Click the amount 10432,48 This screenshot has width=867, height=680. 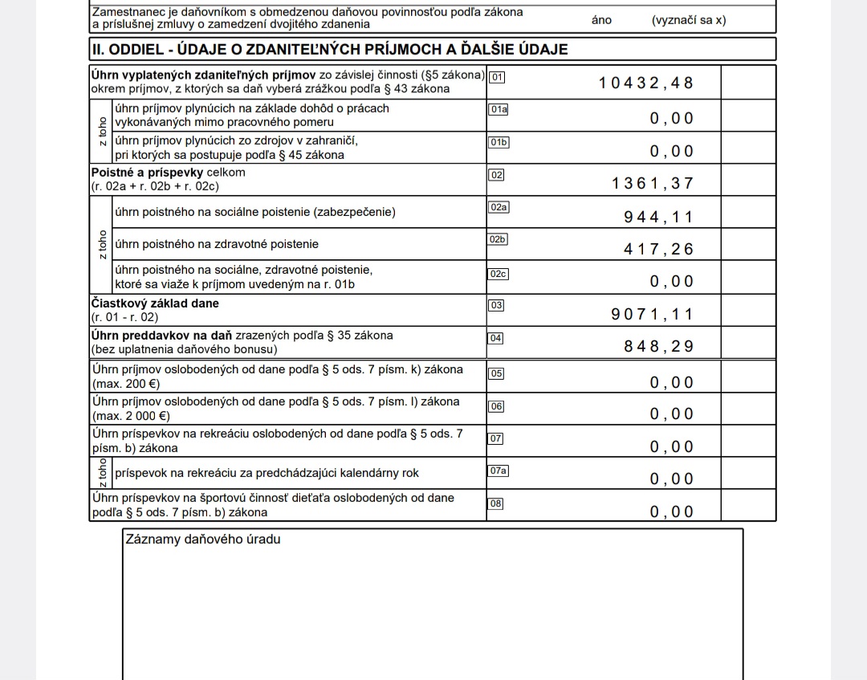[x=645, y=83]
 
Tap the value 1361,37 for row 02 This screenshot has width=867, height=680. [x=652, y=183]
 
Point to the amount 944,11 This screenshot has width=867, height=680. [x=658, y=217]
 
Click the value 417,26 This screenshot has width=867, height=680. [x=658, y=249]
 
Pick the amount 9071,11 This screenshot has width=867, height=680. [x=652, y=314]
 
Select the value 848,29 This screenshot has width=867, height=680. [x=658, y=347]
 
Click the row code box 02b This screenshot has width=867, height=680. [x=499, y=239]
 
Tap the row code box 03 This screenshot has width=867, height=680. [x=496, y=305]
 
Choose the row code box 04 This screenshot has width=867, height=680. [x=496, y=338]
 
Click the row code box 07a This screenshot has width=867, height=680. [x=499, y=470]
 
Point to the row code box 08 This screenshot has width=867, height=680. [x=496, y=503]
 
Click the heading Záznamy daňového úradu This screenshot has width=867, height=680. [x=203, y=540]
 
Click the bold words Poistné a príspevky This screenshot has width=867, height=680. [x=147, y=173]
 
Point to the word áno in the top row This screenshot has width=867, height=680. [x=601, y=20]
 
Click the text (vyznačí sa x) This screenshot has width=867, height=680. [x=689, y=20]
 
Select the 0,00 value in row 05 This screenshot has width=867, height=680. [x=671, y=382]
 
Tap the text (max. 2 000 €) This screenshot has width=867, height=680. [x=131, y=416]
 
